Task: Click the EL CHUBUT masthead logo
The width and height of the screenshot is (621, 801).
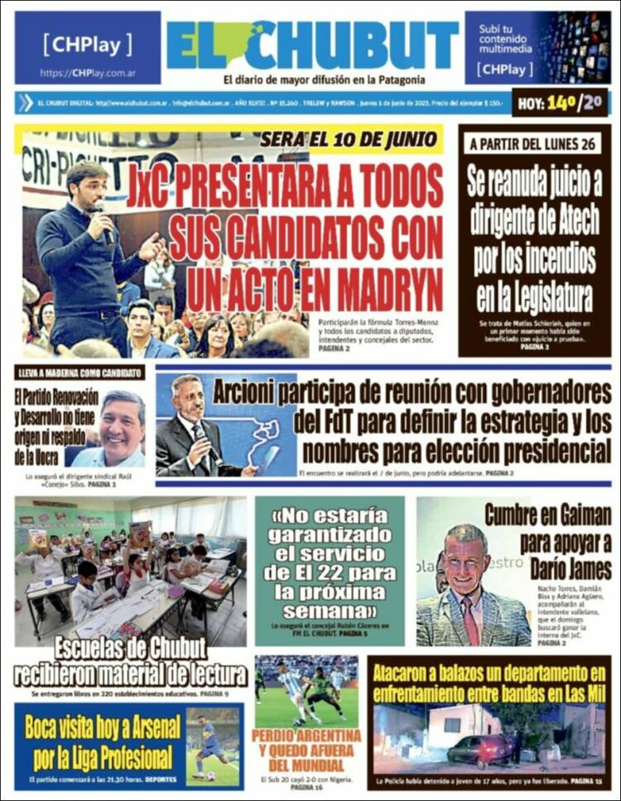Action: click(312, 46)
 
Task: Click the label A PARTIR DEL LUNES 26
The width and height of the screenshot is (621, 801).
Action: click(534, 144)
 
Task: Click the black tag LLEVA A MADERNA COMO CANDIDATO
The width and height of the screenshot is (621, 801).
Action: click(79, 372)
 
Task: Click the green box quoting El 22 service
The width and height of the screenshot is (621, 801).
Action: click(330, 570)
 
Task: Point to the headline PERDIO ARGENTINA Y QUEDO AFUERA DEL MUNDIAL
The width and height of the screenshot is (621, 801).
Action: click(306, 750)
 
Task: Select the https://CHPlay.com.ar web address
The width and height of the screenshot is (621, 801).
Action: click(88, 73)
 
